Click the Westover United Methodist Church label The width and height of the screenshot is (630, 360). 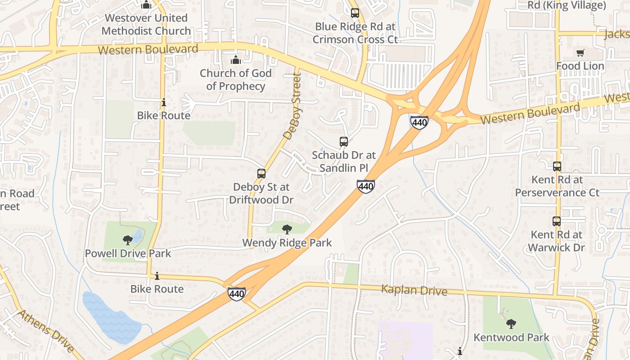(x=146, y=25)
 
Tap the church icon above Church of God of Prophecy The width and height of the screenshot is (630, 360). (x=235, y=60)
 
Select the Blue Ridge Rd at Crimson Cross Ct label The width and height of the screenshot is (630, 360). (x=355, y=33)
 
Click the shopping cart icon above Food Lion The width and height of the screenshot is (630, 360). (x=580, y=53)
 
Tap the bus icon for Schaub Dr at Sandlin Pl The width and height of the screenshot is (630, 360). (x=344, y=142)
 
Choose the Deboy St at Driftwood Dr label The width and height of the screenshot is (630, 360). (x=261, y=193)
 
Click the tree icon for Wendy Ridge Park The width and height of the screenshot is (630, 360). (x=287, y=229)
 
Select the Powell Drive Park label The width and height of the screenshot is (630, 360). (x=128, y=253)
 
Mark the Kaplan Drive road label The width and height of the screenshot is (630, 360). (x=414, y=290)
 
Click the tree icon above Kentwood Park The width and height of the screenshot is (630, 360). (x=511, y=324)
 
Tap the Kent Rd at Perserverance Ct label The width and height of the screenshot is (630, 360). (x=557, y=186)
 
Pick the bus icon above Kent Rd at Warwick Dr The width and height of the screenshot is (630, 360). (x=557, y=221)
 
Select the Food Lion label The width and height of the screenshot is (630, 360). (x=580, y=66)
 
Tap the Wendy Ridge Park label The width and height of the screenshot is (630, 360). (x=287, y=243)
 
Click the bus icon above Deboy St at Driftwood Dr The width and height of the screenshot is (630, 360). (x=261, y=174)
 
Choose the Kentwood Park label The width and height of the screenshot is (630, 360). (x=511, y=337)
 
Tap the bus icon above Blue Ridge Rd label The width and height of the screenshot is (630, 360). (x=355, y=13)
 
